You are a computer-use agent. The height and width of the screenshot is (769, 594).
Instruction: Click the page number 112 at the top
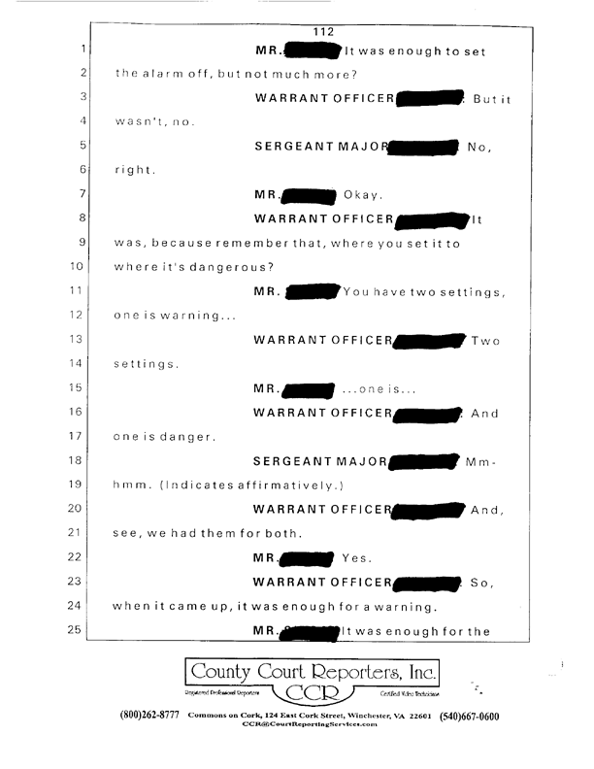pyautogui.click(x=324, y=31)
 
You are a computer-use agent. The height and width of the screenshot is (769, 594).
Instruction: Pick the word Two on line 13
pyautogui.click(x=485, y=341)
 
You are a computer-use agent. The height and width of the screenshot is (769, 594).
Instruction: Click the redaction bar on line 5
pyautogui.click(x=421, y=148)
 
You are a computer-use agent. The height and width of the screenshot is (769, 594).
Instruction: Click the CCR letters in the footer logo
pyautogui.click(x=312, y=693)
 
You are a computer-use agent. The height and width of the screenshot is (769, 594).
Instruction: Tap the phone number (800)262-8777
pyautogui.click(x=149, y=717)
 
